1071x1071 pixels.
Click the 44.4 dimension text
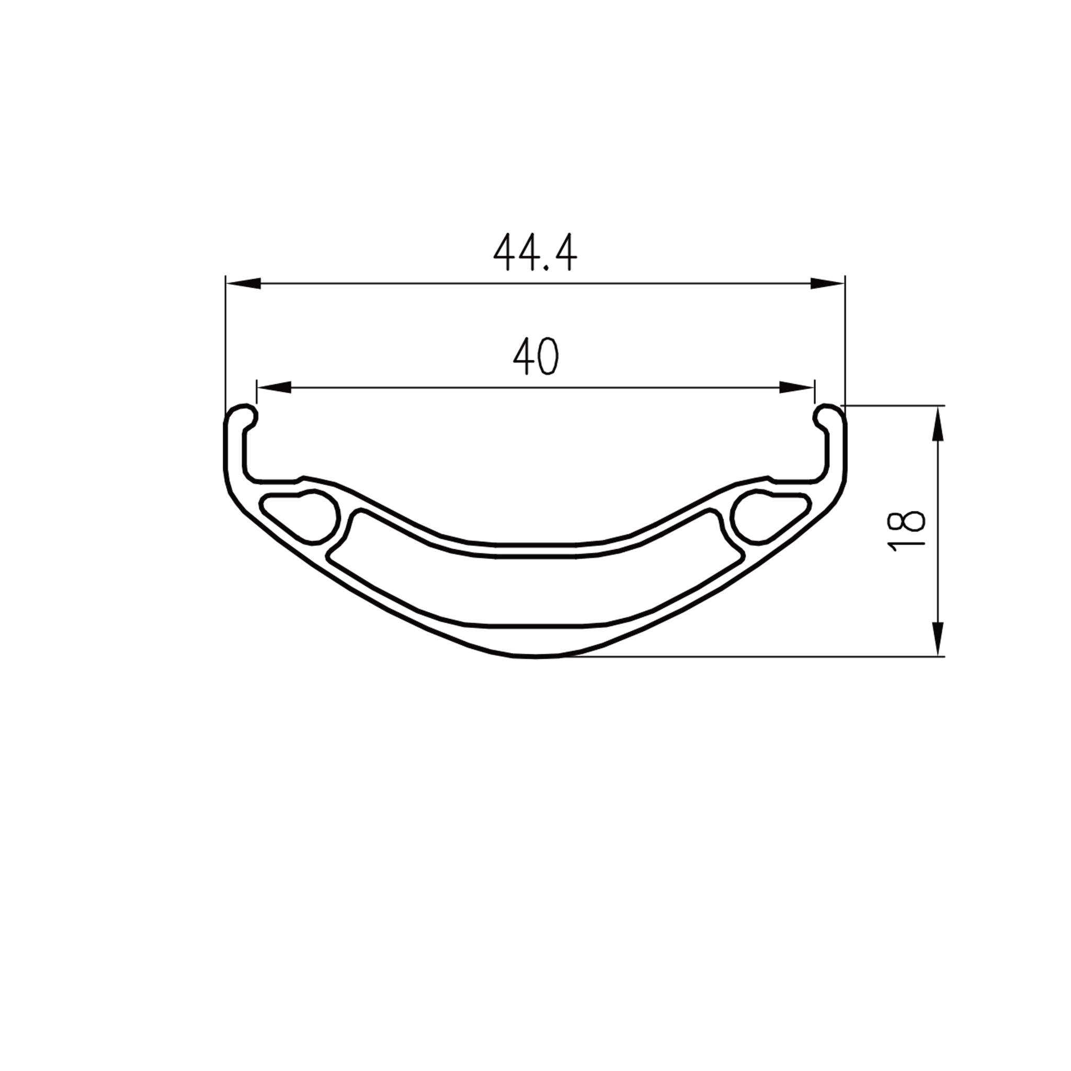coord(535,253)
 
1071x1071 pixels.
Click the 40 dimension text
coord(535,357)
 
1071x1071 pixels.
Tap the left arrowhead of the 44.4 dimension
coord(244,283)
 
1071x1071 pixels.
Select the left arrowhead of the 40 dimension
coord(275,388)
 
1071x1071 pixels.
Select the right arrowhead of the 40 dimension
coord(796,388)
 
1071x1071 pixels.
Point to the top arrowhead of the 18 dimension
coord(938,424)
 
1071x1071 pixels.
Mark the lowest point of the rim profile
coord(535,656)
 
